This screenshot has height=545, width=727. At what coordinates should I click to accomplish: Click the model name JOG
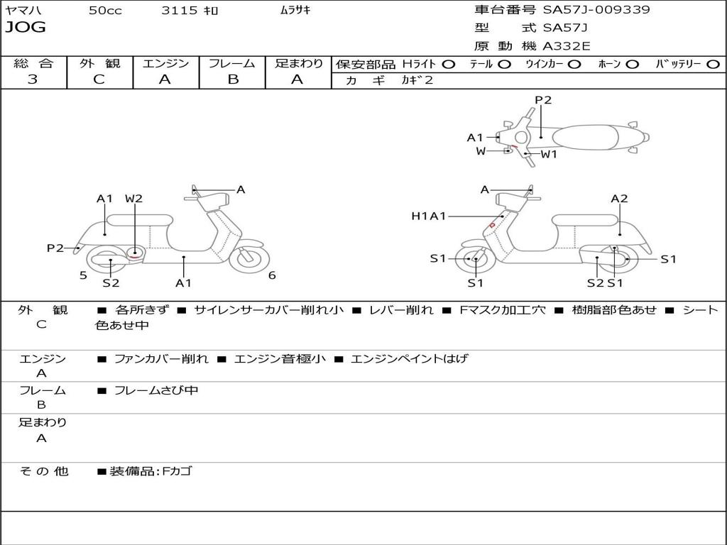click(26, 28)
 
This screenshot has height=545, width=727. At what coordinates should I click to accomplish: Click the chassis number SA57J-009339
click(596, 10)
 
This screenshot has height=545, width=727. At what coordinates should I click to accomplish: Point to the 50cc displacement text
click(105, 11)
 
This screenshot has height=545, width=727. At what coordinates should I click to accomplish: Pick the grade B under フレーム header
click(232, 79)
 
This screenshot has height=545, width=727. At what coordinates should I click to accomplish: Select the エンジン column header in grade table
click(165, 64)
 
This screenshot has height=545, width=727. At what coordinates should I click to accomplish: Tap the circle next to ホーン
click(633, 65)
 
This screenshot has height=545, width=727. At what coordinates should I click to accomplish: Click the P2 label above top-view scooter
click(543, 100)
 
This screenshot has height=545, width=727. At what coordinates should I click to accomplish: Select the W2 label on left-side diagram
click(133, 199)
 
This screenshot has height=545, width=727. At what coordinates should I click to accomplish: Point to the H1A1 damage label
click(429, 216)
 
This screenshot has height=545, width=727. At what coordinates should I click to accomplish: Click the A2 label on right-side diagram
click(619, 199)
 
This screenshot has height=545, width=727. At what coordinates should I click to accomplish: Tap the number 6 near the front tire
click(272, 275)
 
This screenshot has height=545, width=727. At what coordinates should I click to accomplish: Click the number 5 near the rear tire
click(83, 275)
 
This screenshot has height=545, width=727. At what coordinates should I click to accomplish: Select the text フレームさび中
click(156, 390)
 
